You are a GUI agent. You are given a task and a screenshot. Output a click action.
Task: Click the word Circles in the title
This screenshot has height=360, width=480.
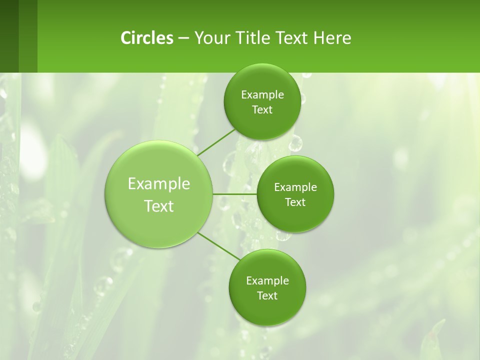(x=147, y=38)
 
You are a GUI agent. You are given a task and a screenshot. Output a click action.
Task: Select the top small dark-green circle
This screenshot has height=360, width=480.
(x=262, y=80)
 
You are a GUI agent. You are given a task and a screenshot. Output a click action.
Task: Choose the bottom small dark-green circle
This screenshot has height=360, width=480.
(x=267, y=310)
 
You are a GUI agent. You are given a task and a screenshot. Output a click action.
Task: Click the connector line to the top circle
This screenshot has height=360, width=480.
(x=216, y=141)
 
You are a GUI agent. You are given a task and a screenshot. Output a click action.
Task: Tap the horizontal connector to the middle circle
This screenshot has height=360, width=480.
(x=235, y=193)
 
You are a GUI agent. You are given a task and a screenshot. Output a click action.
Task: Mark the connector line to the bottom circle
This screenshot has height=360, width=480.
(x=219, y=246)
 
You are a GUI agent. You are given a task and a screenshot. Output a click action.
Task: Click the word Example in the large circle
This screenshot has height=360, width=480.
(x=159, y=184)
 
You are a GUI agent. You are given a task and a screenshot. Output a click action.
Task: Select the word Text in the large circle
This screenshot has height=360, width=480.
(x=159, y=206)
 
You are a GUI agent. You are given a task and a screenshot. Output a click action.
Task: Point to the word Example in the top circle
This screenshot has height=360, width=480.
(x=262, y=95)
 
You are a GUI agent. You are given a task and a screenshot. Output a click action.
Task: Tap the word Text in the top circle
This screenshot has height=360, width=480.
(x=262, y=110)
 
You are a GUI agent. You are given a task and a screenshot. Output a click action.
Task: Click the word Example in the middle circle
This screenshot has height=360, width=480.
(x=295, y=187)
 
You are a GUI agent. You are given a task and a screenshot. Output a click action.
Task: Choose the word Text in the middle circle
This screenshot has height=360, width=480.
(x=295, y=202)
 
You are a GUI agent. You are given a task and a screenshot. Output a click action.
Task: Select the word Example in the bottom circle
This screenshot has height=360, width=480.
(x=267, y=280)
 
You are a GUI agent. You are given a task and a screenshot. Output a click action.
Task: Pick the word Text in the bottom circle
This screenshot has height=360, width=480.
(x=267, y=295)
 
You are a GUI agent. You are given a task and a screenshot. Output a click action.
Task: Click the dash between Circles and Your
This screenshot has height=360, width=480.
(x=183, y=38)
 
